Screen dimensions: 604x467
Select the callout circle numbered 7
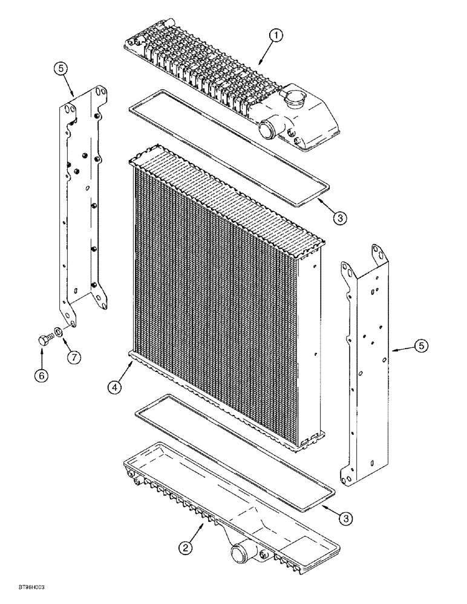pyautogui.click(x=74, y=356)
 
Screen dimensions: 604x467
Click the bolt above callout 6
pyautogui.click(x=43, y=339)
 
